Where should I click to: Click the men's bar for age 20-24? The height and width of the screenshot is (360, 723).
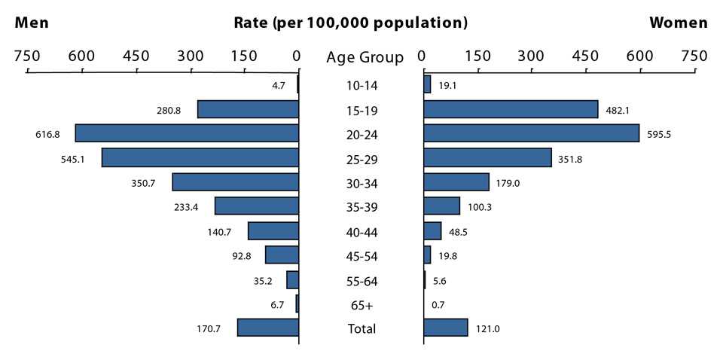coord(187,133)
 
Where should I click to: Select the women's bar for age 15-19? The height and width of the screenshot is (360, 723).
coord(511,109)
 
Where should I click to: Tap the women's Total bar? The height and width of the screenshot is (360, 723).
coord(446,328)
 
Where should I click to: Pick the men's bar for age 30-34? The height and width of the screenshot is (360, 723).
coord(235,182)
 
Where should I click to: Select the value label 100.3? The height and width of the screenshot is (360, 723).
coord(479,207)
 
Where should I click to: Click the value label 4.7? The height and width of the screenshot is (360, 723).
coord(278,85)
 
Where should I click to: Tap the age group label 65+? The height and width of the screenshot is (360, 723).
coord(361,305)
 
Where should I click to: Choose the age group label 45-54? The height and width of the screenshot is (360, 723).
coord(361,257)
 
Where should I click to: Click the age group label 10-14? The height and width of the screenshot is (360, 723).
coord(361,85)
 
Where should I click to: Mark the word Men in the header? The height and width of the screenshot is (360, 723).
coord(32,23)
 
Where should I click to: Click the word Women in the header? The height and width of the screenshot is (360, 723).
coord(679,23)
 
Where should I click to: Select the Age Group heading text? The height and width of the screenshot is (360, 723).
coord(365,57)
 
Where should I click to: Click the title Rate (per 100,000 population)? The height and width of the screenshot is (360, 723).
coord(351,23)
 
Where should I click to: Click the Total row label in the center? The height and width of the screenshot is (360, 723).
coord(361,328)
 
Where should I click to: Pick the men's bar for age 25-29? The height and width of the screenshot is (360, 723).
coord(200,157)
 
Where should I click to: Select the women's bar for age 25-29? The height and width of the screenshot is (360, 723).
coord(487,157)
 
